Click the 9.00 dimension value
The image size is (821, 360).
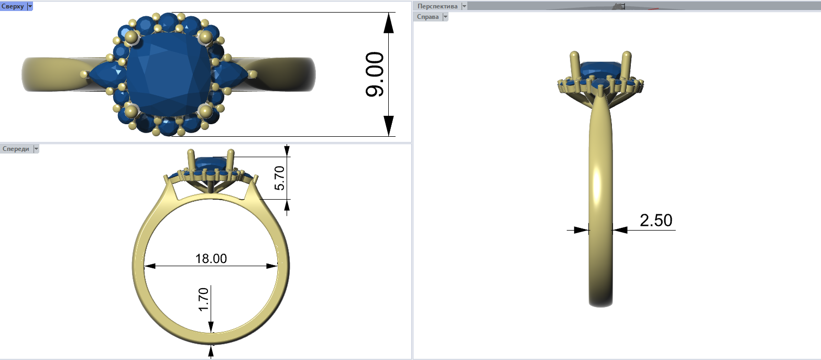(375, 74)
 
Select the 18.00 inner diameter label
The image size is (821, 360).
(211, 259)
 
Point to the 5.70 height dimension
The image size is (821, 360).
(279, 178)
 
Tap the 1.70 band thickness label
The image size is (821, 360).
(203, 300)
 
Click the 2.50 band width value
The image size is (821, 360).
(656, 220)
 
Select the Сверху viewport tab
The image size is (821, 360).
(13, 6)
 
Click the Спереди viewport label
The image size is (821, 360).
(16, 149)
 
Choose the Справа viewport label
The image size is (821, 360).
(428, 16)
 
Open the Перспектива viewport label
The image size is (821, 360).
(437, 6)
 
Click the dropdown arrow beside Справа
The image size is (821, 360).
(445, 16)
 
